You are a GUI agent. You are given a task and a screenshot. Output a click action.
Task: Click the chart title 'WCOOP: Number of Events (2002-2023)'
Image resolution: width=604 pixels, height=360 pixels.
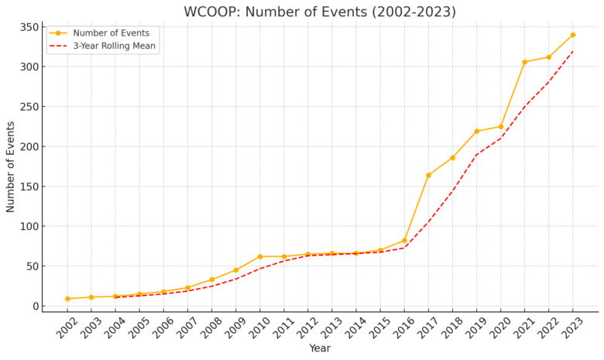(320, 12)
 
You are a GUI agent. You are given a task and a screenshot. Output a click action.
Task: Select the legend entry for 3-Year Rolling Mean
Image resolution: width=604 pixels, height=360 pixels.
(114, 46)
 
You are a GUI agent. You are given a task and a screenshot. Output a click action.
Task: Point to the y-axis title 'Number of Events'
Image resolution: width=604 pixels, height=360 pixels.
(11, 166)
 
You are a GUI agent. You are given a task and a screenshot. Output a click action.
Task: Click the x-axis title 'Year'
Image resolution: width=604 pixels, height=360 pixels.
(320, 348)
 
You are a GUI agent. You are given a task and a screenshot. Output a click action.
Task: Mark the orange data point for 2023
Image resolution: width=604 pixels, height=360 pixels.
(573, 35)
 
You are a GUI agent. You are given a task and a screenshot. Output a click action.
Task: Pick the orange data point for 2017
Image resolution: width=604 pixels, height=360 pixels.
(428, 175)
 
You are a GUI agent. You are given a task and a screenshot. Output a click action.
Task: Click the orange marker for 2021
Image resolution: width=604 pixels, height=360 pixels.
(524, 62)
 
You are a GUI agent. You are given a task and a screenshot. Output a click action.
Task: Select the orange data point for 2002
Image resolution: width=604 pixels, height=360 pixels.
(67, 299)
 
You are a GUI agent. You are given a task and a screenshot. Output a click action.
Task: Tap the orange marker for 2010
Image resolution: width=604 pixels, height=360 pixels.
(260, 256)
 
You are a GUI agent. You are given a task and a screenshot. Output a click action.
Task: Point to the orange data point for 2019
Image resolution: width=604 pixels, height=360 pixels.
(476, 132)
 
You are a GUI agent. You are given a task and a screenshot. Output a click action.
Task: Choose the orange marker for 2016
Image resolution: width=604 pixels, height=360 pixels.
(404, 240)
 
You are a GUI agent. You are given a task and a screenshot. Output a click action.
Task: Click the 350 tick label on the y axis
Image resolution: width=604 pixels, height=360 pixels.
(29, 27)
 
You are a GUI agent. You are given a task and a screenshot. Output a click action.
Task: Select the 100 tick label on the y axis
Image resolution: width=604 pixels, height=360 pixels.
(29, 226)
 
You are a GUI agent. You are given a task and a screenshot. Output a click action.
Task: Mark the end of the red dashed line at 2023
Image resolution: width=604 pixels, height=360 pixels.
(573, 50)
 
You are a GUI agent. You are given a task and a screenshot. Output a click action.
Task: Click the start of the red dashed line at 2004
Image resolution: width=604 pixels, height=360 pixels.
(115, 297)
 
